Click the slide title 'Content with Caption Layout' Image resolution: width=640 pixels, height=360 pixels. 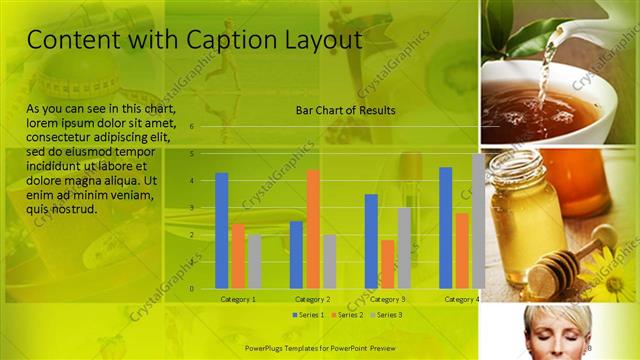(193, 40)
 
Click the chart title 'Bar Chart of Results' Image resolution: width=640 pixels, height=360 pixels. (345, 110)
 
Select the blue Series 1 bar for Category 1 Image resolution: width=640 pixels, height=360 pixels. (222, 230)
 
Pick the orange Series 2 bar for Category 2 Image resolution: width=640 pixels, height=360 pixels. (313, 229)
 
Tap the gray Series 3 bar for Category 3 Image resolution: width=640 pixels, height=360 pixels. (404, 248)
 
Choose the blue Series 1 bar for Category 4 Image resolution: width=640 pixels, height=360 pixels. (446, 227)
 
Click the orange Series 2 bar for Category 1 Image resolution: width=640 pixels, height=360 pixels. (238, 255)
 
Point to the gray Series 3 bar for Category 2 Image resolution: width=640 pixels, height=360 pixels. (329, 261)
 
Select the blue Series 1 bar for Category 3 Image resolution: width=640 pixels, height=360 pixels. (371, 241)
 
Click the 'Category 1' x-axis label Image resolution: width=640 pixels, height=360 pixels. (238, 299)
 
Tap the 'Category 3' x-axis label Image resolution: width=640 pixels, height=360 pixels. (387, 299)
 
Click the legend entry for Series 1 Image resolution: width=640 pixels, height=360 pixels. (308, 315)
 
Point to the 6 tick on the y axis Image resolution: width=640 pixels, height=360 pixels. (191, 127)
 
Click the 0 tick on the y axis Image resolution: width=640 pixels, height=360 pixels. (191, 289)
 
